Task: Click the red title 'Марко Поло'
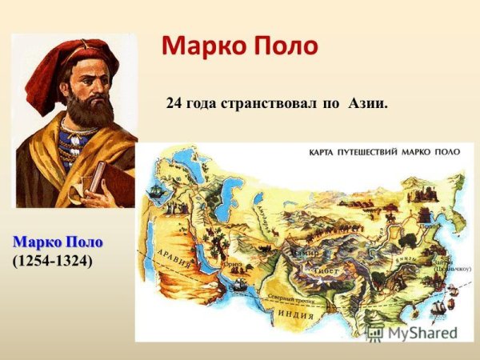[239, 46]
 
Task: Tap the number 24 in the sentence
[174, 103]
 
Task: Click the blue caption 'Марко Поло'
[58, 242]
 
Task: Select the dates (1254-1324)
[52, 261]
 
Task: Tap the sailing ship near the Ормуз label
[238, 282]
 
